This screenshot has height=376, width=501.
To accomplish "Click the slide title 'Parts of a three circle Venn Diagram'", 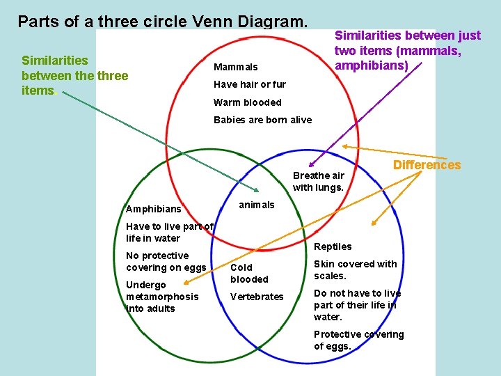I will [x=163, y=21].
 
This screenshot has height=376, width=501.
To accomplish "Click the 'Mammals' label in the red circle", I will [x=235, y=67].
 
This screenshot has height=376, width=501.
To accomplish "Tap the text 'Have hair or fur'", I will [x=249, y=84].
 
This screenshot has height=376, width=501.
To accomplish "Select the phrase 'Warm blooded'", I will [x=247, y=102].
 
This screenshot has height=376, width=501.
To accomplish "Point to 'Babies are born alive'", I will [x=262, y=120].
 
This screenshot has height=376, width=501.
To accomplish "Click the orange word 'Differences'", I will [x=427, y=165].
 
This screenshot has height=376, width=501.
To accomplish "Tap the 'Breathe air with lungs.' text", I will [x=318, y=181].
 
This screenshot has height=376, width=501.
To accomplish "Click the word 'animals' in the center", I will [x=257, y=205].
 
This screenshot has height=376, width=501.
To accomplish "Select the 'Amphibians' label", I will [x=153, y=209].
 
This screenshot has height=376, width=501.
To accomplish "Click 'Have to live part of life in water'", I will [x=169, y=232].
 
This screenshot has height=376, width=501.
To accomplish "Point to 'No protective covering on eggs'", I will [x=166, y=262].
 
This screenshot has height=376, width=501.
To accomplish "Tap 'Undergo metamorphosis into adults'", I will [x=162, y=297].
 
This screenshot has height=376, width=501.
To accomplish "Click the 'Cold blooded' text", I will [x=249, y=273].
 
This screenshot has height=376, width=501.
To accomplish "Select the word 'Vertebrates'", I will [x=257, y=297].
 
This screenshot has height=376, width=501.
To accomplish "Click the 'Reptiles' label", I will [x=333, y=246].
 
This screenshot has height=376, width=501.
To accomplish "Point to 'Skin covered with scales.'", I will [x=355, y=269].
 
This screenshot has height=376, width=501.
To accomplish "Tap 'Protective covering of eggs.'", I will [x=358, y=340].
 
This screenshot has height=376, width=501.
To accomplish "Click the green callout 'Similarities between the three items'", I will [x=74, y=75].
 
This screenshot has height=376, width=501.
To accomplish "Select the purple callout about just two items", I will [x=407, y=50].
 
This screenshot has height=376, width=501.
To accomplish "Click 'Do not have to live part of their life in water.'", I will [x=357, y=305].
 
